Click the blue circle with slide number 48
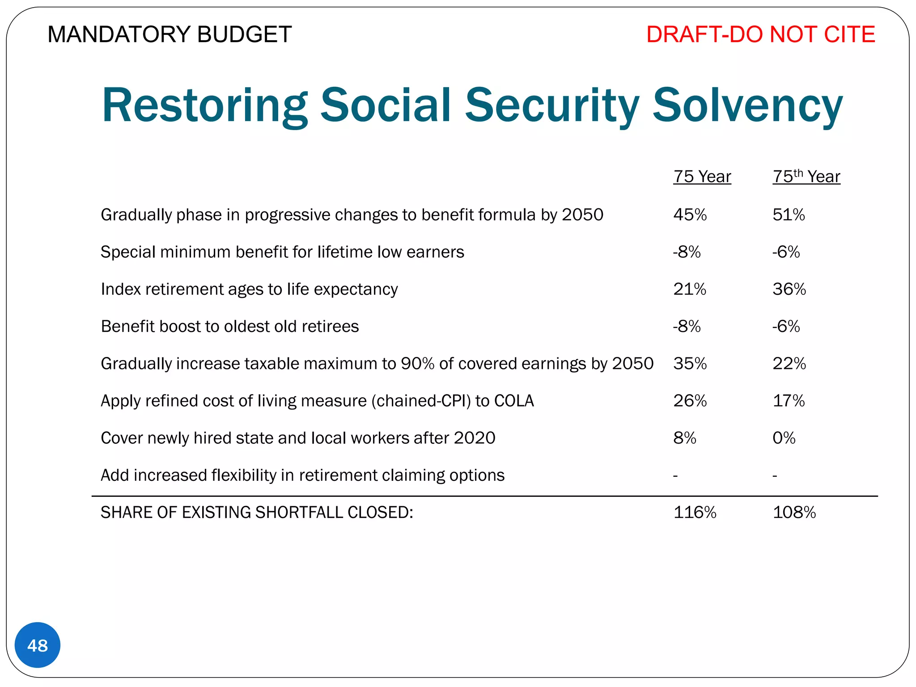38,645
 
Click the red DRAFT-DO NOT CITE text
760,34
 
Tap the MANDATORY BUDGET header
170,34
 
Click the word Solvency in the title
747,106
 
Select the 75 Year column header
702,177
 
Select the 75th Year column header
806,177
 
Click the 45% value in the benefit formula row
690,215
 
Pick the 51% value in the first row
789,215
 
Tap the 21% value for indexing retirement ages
690,289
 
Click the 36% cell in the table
789,289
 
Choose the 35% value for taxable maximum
690,364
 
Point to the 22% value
789,364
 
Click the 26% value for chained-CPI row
690,401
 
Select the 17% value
789,401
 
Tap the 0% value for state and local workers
784,438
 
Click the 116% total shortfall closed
695,512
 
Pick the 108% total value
794,512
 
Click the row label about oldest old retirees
230,327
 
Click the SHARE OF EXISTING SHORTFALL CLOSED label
257,512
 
